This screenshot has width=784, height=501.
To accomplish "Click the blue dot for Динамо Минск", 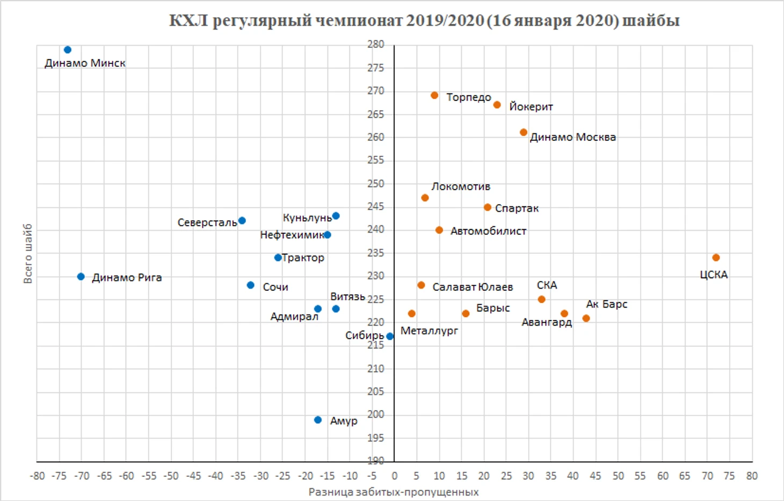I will click(68, 50).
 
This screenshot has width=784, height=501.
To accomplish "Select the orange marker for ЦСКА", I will click(716, 258).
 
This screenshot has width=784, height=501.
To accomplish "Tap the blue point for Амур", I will click(318, 420).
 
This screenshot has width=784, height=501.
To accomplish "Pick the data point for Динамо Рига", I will click(81, 277).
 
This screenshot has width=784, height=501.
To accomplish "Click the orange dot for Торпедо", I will click(434, 96).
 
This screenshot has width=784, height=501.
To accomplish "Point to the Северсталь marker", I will click(242, 220).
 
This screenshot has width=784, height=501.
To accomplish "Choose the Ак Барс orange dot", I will click(586, 318).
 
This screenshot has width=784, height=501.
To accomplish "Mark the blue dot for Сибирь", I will click(390, 337).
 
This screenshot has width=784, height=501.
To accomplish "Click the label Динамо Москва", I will click(573, 137).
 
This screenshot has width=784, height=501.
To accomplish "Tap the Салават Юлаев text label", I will click(473, 287).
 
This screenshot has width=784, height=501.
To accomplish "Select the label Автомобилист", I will click(488, 231).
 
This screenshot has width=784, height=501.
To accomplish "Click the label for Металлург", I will click(429, 331).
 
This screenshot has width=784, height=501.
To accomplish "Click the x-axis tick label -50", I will click(171, 476).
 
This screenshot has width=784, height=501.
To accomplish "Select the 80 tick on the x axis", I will click(752, 476).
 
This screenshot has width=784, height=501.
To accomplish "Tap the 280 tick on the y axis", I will click(376, 45).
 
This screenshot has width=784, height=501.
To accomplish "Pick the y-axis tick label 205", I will click(376, 392).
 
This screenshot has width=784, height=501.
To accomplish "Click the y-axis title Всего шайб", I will click(28, 253).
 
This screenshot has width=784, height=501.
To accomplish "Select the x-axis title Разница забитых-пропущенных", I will click(394, 492).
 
